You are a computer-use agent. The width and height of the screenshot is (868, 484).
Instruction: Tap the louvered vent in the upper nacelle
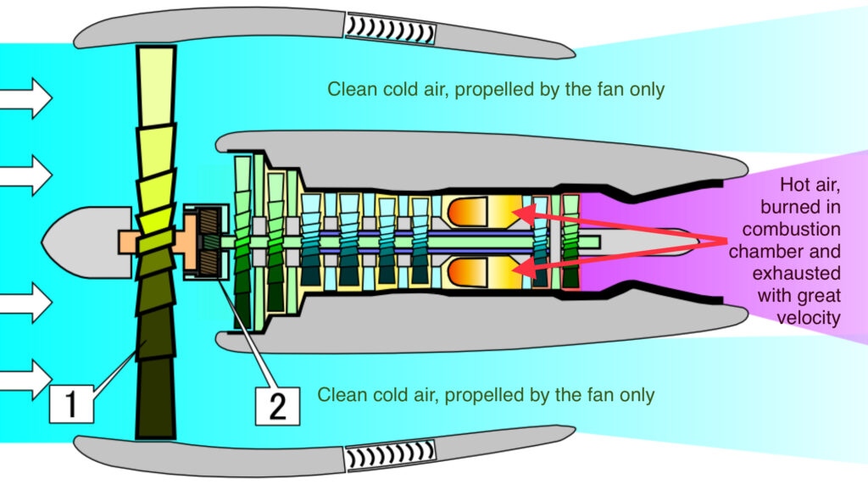coord(390,31)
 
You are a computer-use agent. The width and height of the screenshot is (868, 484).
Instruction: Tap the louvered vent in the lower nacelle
coord(390,457)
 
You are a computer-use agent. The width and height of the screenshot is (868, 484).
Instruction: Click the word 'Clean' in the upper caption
coord(348,89)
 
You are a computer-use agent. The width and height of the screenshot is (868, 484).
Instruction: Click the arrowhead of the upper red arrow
coord(519,211)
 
